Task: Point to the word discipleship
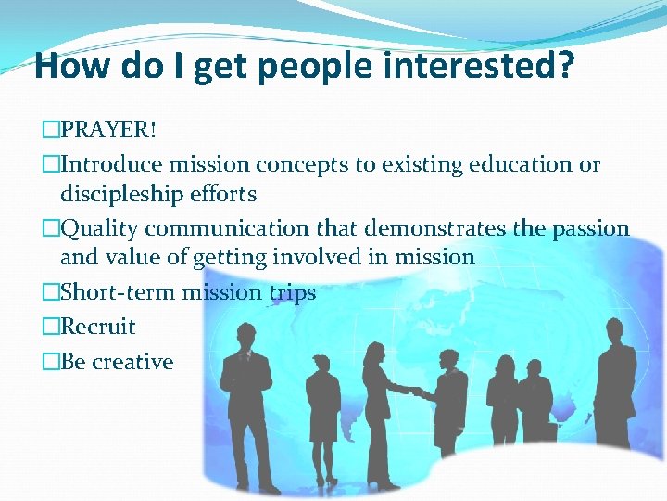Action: coord(125,194)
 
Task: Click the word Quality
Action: coord(100,228)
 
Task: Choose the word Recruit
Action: coord(97,327)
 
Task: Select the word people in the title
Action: coord(307,67)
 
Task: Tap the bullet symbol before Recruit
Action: coord(52,327)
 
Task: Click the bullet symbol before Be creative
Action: coord(52,362)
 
